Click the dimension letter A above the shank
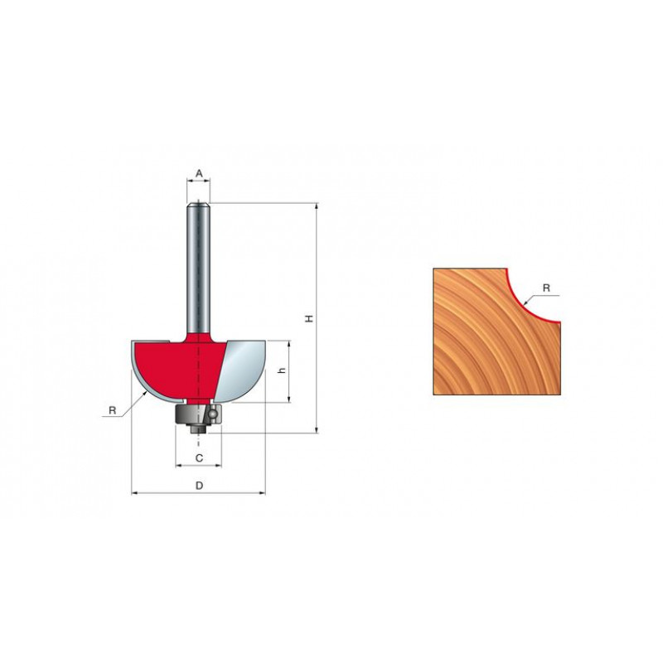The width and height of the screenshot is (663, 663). (199, 173)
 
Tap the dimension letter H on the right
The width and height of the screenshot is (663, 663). (309, 318)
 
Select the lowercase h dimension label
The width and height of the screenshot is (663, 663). (283, 370)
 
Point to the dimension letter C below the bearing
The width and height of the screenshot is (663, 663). (199, 457)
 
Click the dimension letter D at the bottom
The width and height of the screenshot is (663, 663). (199, 486)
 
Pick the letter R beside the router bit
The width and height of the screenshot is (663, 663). (112, 410)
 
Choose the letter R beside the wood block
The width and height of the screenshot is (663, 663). (546, 288)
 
